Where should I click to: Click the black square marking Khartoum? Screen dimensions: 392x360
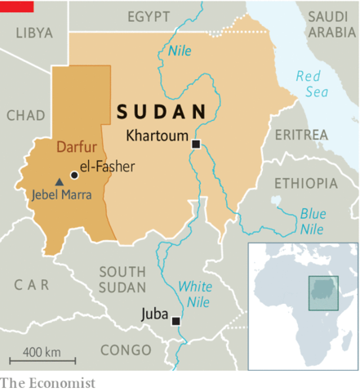[x=196, y=145]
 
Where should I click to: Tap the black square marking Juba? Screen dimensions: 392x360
[x=176, y=321]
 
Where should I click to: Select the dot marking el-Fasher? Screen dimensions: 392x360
[x=74, y=174]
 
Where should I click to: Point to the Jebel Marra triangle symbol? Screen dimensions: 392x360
[x=58, y=180]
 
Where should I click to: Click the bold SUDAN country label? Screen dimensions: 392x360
[x=160, y=112]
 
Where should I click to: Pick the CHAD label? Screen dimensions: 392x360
[x=26, y=116]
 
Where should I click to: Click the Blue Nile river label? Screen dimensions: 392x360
[x=313, y=221]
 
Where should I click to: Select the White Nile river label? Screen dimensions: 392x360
[x=195, y=295]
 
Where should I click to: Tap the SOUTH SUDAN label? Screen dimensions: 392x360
[x=122, y=278]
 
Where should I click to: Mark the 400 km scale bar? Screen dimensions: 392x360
[x=42, y=360]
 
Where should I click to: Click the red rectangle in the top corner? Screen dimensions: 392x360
[x=16, y=6]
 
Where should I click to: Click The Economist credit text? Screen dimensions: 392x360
[x=47, y=382]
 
